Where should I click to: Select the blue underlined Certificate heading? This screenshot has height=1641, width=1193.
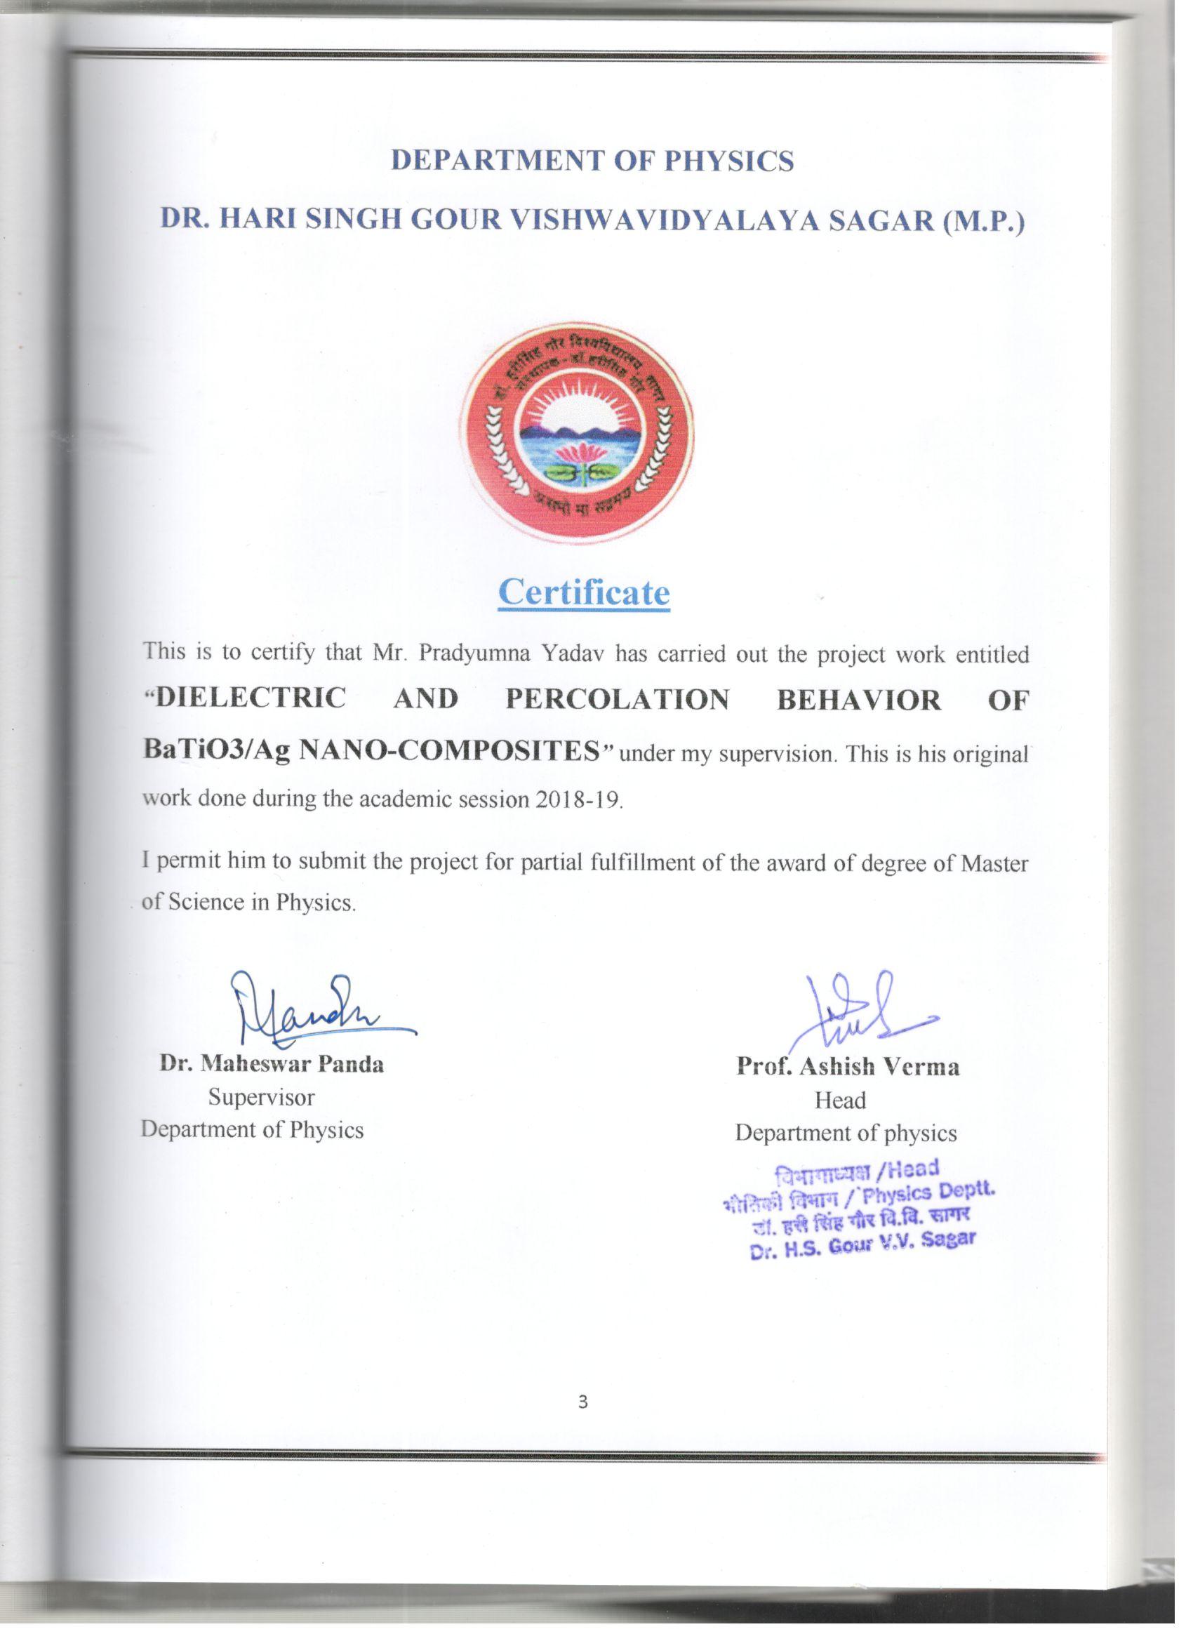584,592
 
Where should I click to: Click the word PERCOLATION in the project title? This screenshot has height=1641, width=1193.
617,699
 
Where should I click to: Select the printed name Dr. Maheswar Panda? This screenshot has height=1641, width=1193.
272,1064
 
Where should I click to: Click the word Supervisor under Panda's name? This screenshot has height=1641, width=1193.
261,1097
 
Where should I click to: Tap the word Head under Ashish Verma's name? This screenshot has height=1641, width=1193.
840,1101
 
